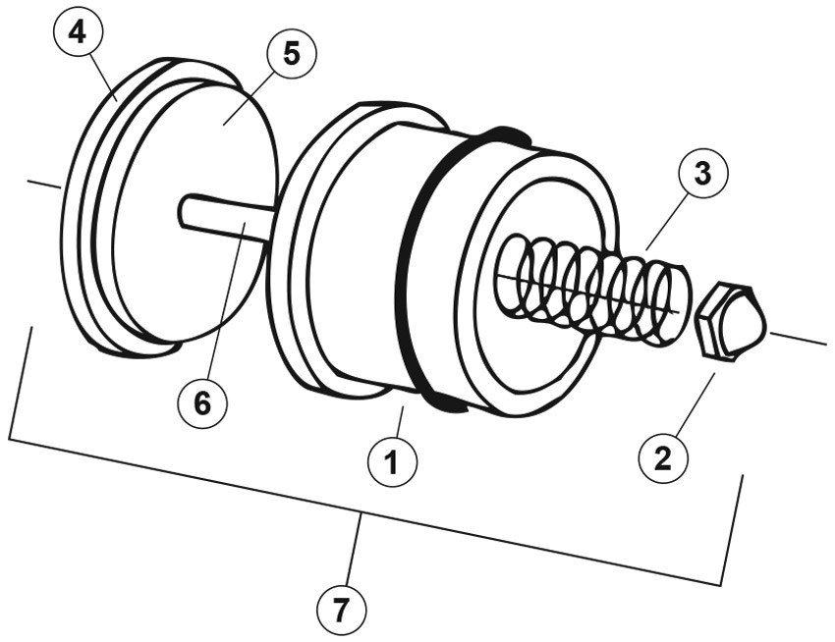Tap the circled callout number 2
pyautogui.click(x=663, y=458)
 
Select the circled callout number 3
pyautogui.click(x=703, y=174)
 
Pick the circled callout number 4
pyautogui.click(x=79, y=33)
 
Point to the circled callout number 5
pyautogui.click(x=292, y=54)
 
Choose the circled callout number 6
pyautogui.click(x=202, y=403)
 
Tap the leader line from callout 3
pyautogui.click(x=665, y=224)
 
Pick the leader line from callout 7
pyautogui.click(x=355, y=549)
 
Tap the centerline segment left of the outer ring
pyautogui.click(x=44, y=185)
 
